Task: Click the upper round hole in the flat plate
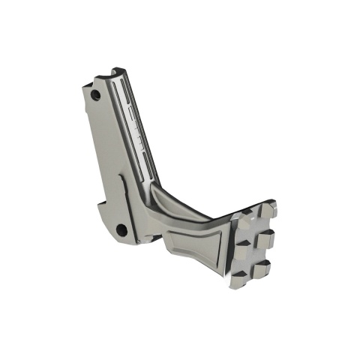coord(95,96)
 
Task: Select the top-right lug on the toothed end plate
coord(269,206)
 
